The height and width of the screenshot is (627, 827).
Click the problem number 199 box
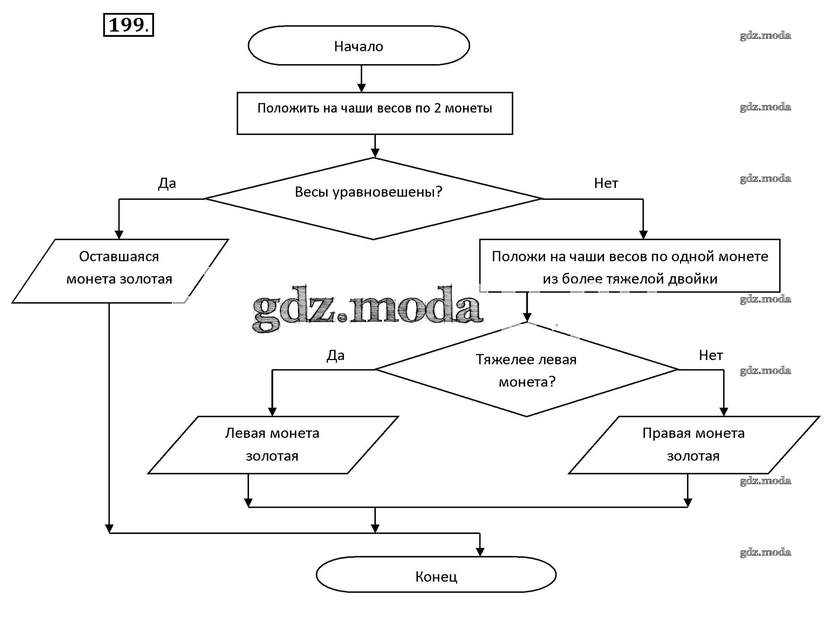[x=128, y=25]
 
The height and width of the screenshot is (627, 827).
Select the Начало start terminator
[x=358, y=46]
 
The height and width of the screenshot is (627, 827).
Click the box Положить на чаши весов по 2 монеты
[x=375, y=113]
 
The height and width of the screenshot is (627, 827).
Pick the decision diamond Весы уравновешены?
[x=373, y=198]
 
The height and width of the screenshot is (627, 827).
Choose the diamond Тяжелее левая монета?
[x=526, y=370]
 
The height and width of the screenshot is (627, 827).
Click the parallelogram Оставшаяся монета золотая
[x=119, y=271]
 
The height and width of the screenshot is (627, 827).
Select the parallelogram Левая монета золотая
[x=272, y=445]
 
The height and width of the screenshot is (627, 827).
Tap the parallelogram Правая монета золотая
[x=693, y=445]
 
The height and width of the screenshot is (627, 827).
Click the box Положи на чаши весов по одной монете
[x=630, y=265]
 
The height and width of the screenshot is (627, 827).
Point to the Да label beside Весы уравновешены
[x=167, y=183]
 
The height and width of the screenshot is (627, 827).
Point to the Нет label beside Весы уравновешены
[x=606, y=183]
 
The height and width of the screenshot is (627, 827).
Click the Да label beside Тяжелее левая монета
[x=335, y=356]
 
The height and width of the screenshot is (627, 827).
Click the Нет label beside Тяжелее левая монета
[x=711, y=356]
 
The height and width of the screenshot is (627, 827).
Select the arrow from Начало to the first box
[x=361, y=79]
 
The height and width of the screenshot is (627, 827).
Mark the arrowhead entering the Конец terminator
[x=480, y=552]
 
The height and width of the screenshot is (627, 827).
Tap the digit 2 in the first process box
[x=437, y=108]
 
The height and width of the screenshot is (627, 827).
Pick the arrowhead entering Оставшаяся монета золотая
[x=119, y=235]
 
